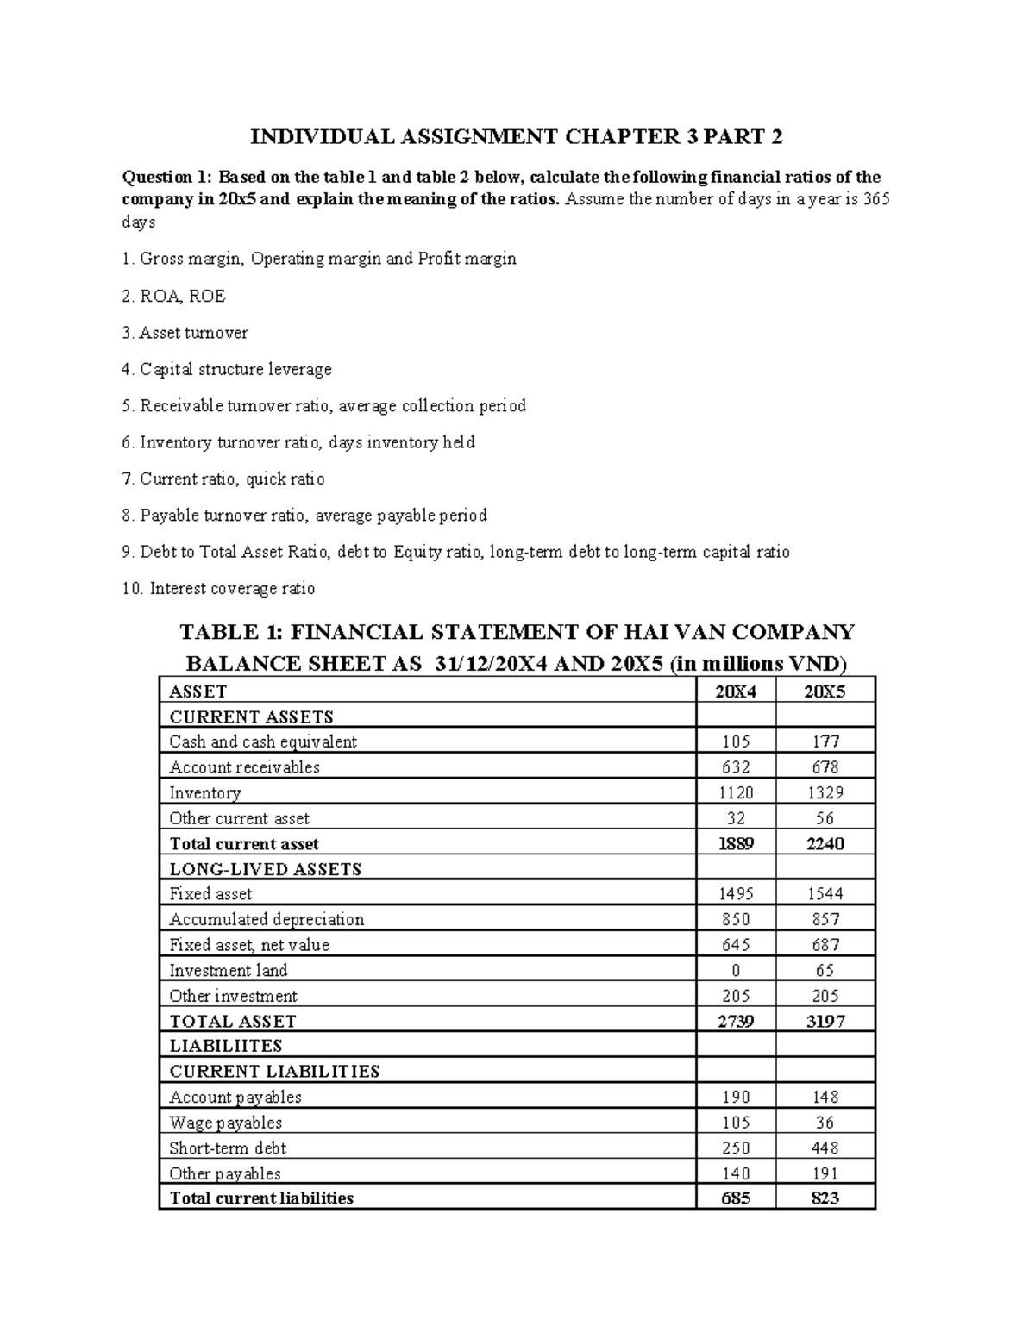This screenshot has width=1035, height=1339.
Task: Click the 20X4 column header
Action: tap(736, 691)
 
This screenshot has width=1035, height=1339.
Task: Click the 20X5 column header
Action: tap(825, 691)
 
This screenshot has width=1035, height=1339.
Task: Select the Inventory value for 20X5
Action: tap(825, 792)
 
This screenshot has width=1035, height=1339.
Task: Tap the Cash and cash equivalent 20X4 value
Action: tap(736, 741)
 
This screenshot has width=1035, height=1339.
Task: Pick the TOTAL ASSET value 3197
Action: tap(825, 1022)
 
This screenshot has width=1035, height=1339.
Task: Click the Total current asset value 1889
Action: tap(736, 844)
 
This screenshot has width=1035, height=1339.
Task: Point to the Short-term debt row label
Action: tap(228, 1148)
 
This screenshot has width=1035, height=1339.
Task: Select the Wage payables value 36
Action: tap(825, 1123)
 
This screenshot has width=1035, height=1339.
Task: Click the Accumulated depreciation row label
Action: tap(267, 920)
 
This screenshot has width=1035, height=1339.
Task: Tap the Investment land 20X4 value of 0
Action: tap(736, 971)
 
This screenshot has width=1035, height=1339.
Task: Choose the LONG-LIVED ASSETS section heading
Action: tap(265, 869)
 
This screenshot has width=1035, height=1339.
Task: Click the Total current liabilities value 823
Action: tap(825, 1198)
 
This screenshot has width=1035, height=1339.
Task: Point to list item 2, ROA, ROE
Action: tap(173, 297)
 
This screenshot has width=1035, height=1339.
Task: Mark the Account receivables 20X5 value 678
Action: tap(825, 767)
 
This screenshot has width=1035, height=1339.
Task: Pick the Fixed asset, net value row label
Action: tap(249, 945)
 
